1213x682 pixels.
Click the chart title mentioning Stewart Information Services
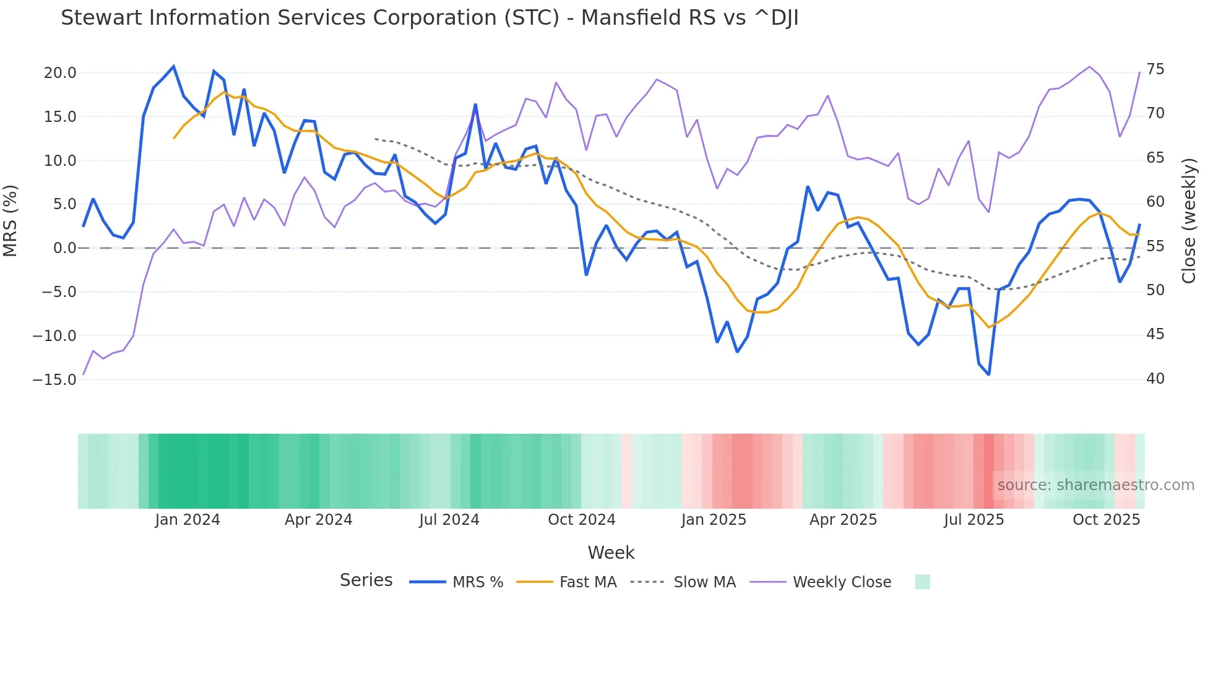pyautogui.click(x=430, y=18)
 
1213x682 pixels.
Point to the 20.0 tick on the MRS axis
pyautogui.click(x=60, y=73)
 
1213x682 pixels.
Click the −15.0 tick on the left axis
pyautogui.click(x=54, y=379)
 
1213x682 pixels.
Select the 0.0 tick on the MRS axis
pyautogui.click(x=64, y=248)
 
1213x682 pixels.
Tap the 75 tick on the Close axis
pyautogui.click(x=1155, y=69)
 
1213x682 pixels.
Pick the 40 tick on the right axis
pyautogui.click(x=1155, y=378)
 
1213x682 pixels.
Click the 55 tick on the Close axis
pyautogui.click(x=1155, y=246)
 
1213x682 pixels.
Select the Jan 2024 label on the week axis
pyautogui.click(x=188, y=520)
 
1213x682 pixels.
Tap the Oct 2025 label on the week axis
pyautogui.click(x=1106, y=520)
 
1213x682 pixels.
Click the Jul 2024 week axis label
pyautogui.click(x=449, y=520)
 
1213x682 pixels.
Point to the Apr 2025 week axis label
pyautogui.click(x=843, y=520)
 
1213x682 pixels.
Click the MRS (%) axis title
pyautogui.click(x=11, y=220)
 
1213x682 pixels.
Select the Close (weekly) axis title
pyautogui.click(x=1188, y=221)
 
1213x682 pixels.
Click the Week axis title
pyautogui.click(x=611, y=553)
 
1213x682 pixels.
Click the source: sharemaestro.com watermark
pyautogui.click(x=1095, y=485)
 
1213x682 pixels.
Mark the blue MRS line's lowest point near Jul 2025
pyautogui.click(x=988, y=374)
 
